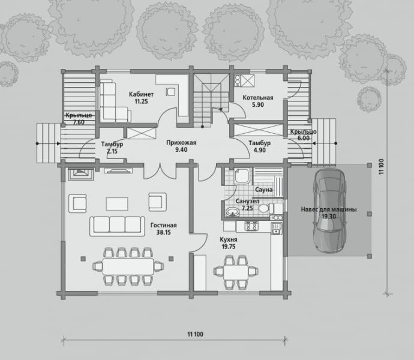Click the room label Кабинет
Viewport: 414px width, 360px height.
[x=141, y=94]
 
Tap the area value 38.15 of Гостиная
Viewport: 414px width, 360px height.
[x=163, y=232]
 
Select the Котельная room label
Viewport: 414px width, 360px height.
[x=257, y=98]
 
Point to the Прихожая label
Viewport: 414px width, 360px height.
[x=181, y=143]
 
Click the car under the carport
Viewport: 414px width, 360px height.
[x=330, y=211]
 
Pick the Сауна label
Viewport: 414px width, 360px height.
[x=263, y=190]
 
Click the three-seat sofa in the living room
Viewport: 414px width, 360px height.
[x=117, y=226]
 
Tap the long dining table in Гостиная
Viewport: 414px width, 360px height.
[x=128, y=266]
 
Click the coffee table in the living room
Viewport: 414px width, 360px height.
[x=117, y=204]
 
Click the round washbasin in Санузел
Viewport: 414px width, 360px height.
[x=232, y=212]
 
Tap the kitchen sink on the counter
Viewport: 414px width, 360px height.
[x=277, y=229]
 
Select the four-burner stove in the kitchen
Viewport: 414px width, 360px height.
[x=251, y=226]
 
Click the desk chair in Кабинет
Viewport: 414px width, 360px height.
[x=170, y=91]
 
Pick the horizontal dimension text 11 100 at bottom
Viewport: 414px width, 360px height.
[x=196, y=334]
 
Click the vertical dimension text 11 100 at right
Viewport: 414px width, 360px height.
[x=381, y=167]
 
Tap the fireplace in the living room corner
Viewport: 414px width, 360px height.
[x=80, y=174]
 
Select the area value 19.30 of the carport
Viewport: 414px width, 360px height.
[x=329, y=217]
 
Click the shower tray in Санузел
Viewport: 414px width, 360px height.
[x=242, y=176]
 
